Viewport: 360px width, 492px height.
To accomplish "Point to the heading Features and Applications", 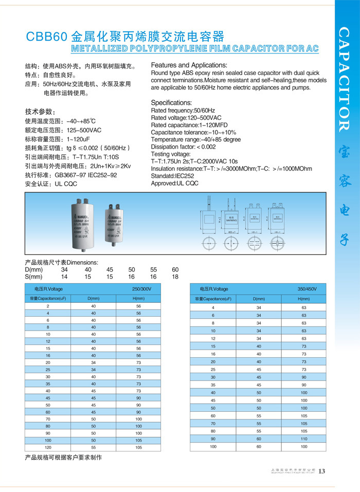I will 189,65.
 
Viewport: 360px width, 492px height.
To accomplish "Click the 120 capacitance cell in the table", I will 48,448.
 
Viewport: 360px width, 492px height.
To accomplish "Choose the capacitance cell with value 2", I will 48,306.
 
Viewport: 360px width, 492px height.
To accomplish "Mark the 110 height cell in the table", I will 303,439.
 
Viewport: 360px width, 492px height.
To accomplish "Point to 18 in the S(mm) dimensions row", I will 175,277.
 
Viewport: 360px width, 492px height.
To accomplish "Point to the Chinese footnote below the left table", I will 64,458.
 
